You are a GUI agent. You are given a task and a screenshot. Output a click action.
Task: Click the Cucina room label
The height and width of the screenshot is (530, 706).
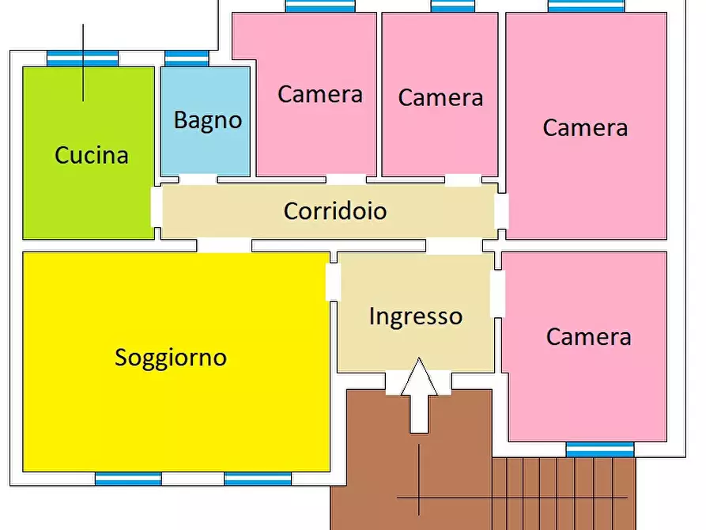(91, 155)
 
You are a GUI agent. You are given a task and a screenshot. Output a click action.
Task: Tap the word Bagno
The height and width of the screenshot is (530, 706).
(207, 120)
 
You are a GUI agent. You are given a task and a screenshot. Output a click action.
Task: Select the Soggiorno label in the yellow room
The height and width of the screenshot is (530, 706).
(171, 358)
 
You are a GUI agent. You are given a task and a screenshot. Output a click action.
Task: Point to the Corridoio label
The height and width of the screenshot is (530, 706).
(335, 211)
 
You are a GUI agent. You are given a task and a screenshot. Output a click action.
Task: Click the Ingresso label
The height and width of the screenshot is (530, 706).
(415, 316)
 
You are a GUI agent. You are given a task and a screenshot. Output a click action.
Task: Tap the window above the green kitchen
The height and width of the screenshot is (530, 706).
(82, 58)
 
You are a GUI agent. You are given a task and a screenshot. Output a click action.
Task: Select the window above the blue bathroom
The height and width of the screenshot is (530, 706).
(187, 58)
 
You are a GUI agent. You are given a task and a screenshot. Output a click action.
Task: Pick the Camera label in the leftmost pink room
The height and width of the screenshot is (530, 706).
(319, 94)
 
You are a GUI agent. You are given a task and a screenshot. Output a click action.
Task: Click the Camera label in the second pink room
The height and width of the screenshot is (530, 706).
(440, 98)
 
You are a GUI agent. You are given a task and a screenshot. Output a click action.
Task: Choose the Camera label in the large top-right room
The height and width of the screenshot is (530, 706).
(585, 128)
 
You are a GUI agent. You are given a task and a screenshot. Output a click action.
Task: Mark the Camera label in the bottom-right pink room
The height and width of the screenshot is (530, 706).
(588, 337)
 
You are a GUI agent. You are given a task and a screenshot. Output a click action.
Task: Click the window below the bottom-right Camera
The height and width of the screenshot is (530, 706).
(600, 449)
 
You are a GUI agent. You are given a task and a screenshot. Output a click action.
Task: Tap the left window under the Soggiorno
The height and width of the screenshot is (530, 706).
(128, 479)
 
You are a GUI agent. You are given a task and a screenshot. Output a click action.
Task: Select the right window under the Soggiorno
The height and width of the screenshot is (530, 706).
(258, 479)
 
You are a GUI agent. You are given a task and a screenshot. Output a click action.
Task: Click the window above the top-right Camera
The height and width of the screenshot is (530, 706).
(586, 6)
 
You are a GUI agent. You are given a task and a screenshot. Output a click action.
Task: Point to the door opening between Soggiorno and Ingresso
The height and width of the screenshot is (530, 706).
(333, 282)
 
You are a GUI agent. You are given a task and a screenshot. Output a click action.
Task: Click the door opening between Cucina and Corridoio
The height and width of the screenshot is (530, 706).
(157, 206)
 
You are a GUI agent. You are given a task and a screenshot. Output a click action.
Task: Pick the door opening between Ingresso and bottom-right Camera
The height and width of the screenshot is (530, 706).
(497, 294)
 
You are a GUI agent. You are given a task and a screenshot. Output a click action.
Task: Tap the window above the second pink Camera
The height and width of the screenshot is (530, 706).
(453, 6)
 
